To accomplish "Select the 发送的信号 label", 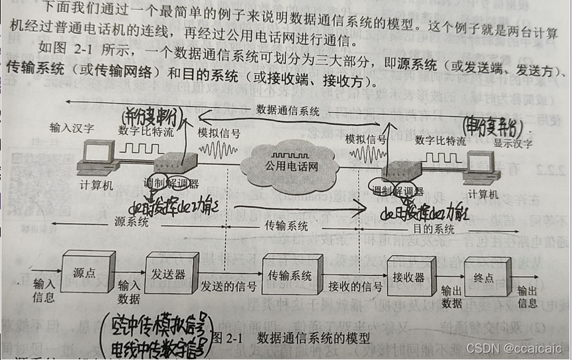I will click(x=229, y=287).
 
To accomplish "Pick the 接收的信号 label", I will click(x=355, y=287).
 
